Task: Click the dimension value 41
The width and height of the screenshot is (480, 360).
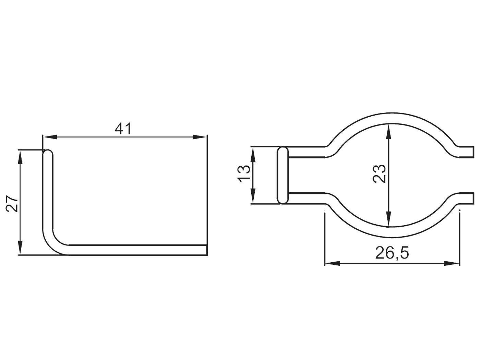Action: [123, 129]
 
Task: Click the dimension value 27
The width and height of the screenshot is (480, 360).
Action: [12, 203]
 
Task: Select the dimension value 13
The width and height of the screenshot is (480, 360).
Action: [244, 174]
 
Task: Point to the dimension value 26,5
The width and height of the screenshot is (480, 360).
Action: [392, 253]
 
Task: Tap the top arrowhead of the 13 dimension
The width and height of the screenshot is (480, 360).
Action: [253, 154]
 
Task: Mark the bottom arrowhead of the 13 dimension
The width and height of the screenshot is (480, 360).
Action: [253, 197]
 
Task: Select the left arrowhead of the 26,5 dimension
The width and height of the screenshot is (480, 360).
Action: [332, 263]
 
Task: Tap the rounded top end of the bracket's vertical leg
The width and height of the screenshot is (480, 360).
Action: [48, 154]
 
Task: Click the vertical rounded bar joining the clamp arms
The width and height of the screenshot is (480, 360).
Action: [283, 175]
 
